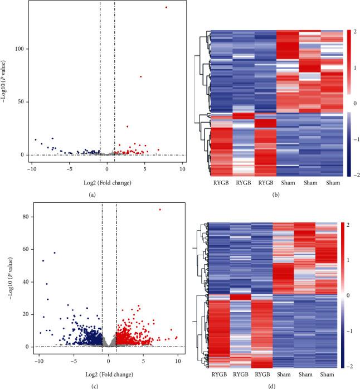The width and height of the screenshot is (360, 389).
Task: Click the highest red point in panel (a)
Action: point(166,7)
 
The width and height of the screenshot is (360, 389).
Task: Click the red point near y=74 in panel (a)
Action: point(140,76)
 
